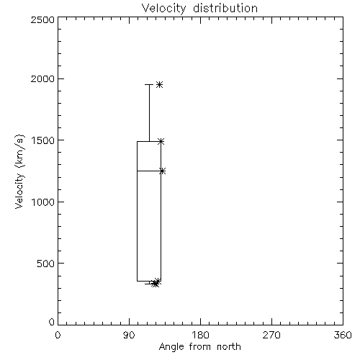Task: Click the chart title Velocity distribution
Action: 199,9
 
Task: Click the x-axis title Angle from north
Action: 199,347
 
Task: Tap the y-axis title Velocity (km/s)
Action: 19,171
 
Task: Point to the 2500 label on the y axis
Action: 42,19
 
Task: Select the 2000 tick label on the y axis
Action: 42,78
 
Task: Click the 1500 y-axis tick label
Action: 43,140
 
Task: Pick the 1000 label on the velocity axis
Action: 43,202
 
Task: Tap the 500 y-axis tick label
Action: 46,264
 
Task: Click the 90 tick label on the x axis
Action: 129,335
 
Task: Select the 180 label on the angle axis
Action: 200,335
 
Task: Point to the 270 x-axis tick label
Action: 271,335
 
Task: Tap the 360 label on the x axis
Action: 343,335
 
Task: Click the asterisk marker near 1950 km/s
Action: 159,84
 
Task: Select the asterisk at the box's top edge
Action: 161,141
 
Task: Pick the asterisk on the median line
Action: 163,171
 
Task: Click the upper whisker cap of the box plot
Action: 149,84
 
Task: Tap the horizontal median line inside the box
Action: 149,171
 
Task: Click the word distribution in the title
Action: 225,9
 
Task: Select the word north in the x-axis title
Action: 229,347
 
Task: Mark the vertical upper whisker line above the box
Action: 149,113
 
